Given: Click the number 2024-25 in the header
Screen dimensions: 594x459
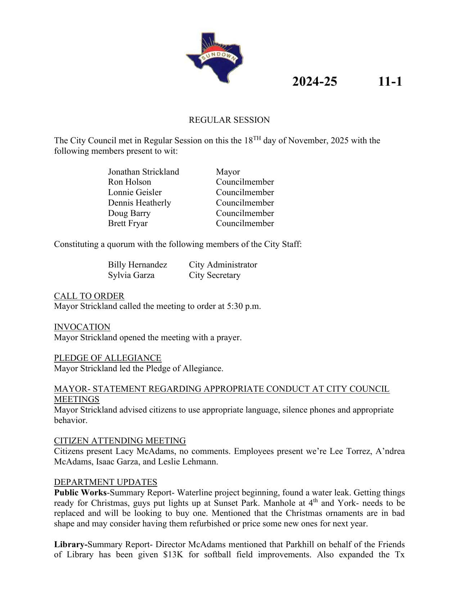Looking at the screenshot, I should (x=314, y=82).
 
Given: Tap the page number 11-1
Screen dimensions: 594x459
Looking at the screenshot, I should (x=390, y=82).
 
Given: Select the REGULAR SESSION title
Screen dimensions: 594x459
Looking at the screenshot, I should (x=229, y=120).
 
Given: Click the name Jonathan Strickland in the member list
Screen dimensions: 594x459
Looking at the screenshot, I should (x=143, y=172).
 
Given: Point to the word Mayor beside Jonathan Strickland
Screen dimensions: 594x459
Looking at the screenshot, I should (x=228, y=172).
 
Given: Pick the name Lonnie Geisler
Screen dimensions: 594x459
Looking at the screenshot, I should (x=135, y=192).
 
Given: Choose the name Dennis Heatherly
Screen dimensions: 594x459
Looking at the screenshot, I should (x=139, y=203).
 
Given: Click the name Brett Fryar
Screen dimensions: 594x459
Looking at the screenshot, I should (x=128, y=223).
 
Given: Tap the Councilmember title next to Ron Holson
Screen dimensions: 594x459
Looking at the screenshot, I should (x=245, y=182).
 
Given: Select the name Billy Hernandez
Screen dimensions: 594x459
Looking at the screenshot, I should (x=138, y=265).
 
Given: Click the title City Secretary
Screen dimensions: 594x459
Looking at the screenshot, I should (x=215, y=275).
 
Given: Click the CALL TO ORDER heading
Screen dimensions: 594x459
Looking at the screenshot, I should (x=89, y=296).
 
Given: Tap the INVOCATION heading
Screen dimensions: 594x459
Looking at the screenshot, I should (x=82, y=327).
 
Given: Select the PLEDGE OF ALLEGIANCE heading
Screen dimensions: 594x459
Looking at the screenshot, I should (x=108, y=358).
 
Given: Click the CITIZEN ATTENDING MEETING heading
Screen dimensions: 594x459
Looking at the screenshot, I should (x=120, y=441).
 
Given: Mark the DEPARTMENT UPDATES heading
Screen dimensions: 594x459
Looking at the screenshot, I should (x=105, y=482).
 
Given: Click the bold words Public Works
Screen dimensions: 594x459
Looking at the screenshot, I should (x=80, y=492).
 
